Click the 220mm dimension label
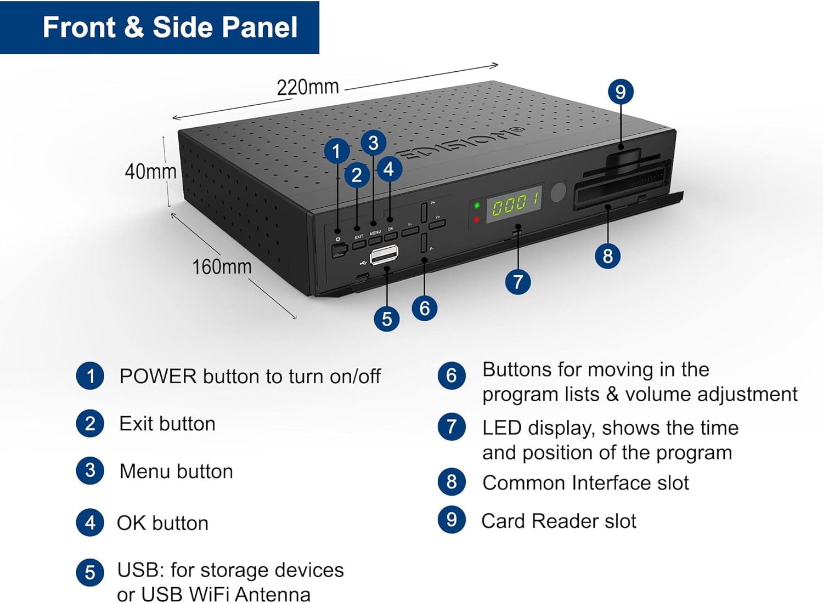[x=307, y=87]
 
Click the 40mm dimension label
[x=150, y=172]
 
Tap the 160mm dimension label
[x=222, y=267]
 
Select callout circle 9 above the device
[x=621, y=92]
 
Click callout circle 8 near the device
[x=607, y=256]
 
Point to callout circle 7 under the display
[x=517, y=282]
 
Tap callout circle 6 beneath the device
[x=424, y=308]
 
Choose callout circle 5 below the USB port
[x=387, y=318]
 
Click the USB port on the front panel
[x=384, y=254]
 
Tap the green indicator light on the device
[x=477, y=206]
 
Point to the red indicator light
[x=476, y=220]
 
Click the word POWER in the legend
[x=158, y=377]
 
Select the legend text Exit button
[x=167, y=424]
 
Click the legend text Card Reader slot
[x=559, y=521]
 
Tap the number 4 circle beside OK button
[x=90, y=523]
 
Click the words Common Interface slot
[x=585, y=483]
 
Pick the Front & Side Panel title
[x=170, y=27]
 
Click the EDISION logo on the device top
[x=461, y=144]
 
